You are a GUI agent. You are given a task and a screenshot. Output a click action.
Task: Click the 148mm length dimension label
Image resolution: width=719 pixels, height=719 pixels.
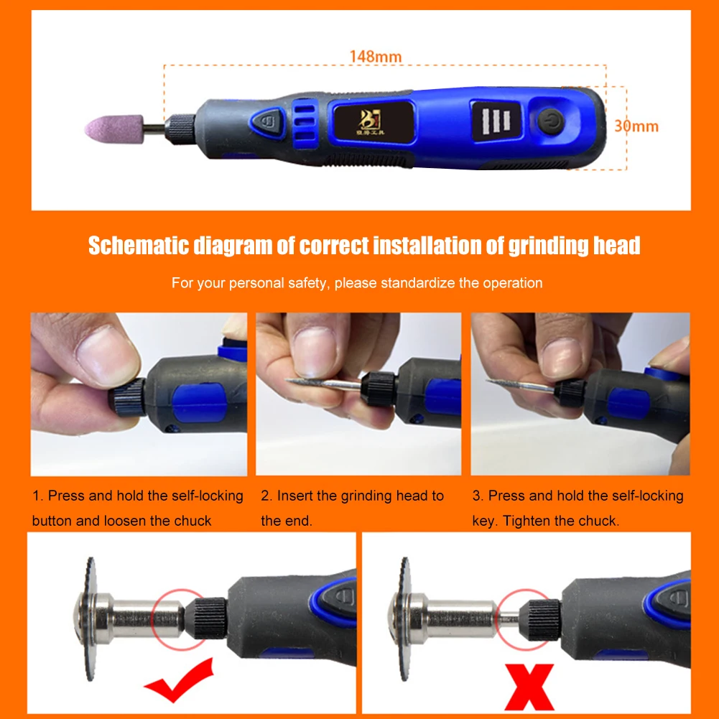376,56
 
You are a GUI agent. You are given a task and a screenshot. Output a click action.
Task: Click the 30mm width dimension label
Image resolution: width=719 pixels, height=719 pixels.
636,126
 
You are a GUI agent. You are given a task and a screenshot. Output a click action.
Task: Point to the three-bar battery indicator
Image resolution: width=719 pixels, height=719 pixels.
495,119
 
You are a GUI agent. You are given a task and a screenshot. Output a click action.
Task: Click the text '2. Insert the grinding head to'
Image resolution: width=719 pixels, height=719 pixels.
352,496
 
